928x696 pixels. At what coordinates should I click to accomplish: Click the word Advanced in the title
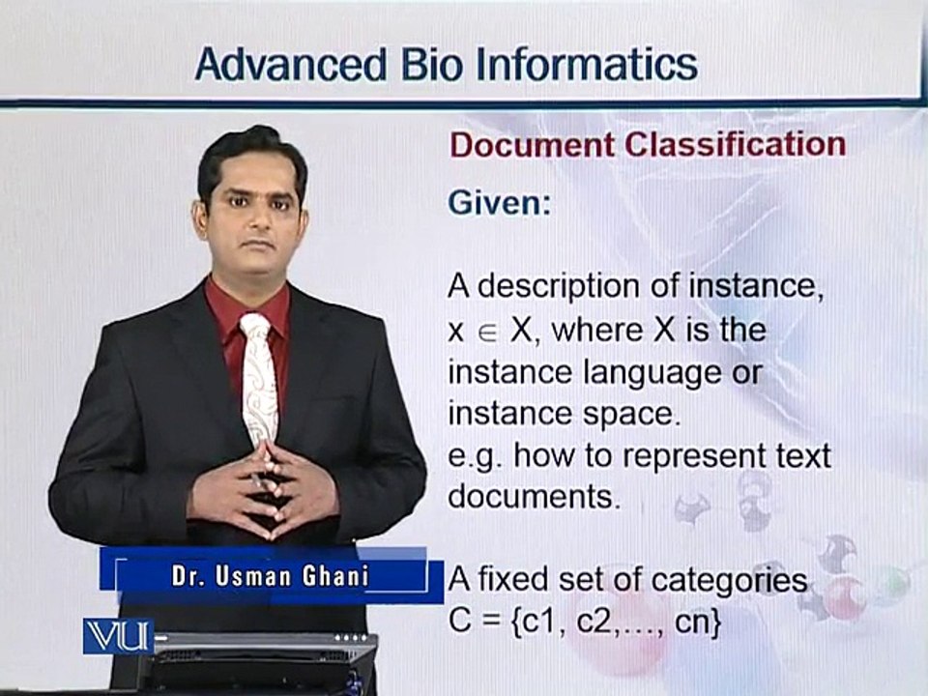coord(291,64)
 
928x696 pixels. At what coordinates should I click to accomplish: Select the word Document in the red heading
coord(532,145)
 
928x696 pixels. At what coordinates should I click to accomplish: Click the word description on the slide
coord(559,288)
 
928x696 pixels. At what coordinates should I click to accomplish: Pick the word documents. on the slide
coord(535,496)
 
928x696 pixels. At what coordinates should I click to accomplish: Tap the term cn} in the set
coord(698,623)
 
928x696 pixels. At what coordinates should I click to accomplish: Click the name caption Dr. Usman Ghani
coord(271,576)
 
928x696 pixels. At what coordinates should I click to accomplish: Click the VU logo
coord(118,636)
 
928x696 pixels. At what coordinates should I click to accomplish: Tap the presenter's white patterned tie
coord(259,379)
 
